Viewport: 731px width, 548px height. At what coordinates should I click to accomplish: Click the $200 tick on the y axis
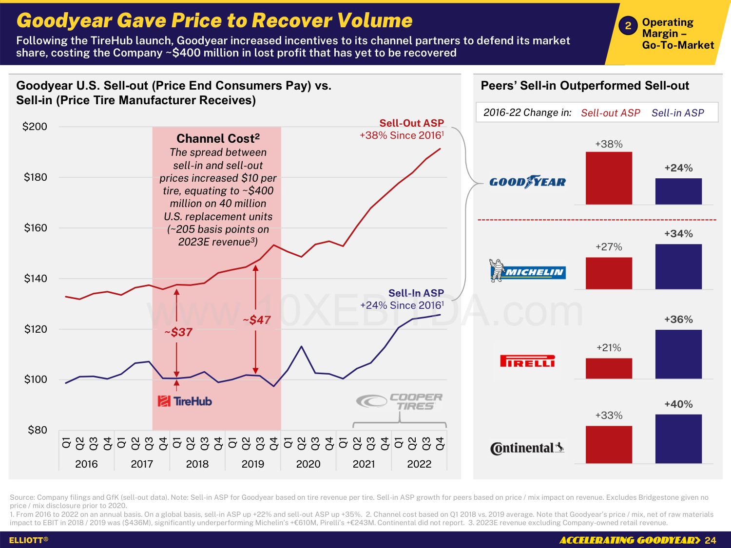[35, 127]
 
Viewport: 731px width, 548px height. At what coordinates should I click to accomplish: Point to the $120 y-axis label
[36, 329]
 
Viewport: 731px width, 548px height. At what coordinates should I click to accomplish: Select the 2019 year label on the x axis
[252, 464]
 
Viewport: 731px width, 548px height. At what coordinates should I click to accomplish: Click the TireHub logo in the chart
[185, 401]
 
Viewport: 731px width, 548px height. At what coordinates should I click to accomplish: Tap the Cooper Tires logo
[400, 402]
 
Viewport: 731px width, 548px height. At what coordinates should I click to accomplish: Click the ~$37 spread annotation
[178, 332]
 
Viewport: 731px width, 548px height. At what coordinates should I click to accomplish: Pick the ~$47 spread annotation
[257, 320]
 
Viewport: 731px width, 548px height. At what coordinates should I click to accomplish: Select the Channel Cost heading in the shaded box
[218, 138]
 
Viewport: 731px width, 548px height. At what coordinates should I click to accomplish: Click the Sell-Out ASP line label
[411, 123]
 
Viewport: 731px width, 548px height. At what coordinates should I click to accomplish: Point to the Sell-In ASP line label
[416, 293]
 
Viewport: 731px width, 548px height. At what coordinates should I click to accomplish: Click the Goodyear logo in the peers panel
[527, 182]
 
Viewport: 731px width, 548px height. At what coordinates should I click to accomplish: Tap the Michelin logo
[527, 271]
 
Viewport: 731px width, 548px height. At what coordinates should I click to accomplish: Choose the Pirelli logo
[527, 361]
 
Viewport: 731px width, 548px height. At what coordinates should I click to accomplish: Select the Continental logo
[527, 448]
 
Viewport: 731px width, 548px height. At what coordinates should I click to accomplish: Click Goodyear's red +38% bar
[609, 178]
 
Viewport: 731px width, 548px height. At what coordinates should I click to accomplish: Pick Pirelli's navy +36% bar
[678, 354]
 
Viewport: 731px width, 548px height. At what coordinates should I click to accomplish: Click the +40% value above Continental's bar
[678, 404]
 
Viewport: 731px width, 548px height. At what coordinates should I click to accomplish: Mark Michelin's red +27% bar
[609, 273]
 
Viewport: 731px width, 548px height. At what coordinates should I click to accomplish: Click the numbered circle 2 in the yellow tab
[628, 26]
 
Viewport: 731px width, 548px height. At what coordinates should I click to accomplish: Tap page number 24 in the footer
[711, 540]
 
